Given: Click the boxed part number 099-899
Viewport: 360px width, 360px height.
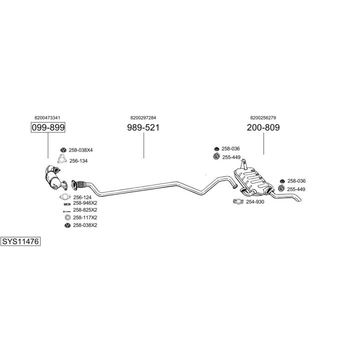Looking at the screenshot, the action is [x=48, y=127].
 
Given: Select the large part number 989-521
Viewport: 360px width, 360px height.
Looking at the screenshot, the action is [x=143, y=127].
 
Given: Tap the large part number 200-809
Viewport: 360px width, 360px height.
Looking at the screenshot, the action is [x=263, y=127].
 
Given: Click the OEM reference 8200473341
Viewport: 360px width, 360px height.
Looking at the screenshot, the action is [x=47, y=118].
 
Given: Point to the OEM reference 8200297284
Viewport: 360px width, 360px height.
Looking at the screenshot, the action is [x=143, y=118].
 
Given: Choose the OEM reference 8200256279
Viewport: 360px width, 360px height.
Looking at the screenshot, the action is [x=263, y=118].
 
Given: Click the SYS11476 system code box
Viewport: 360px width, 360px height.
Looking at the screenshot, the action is [x=20, y=241].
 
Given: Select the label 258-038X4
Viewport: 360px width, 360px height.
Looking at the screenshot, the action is [x=80, y=150].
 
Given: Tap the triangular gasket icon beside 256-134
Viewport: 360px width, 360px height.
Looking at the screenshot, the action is [x=62, y=159].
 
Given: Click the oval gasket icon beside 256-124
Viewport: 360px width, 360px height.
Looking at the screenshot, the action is [x=65, y=197].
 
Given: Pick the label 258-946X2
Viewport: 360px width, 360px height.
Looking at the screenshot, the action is [x=85, y=203].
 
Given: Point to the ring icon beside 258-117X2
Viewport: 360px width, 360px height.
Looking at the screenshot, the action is [x=67, y=217].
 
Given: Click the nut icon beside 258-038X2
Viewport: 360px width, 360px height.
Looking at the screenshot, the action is [x=67, y=225].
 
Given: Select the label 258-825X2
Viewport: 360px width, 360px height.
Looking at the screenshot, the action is [x=85, y=210].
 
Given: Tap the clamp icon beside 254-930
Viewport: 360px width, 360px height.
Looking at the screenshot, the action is [x=238, y=201].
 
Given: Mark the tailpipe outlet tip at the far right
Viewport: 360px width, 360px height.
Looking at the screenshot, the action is [x=299, y=200].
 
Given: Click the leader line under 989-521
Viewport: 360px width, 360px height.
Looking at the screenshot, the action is [x=143, y=145].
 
